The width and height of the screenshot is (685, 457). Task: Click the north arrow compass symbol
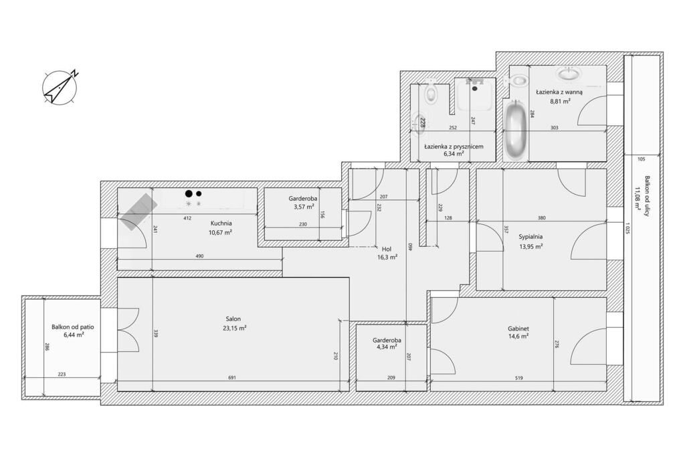(60, 86)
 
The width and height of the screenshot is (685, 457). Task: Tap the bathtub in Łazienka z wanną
(516, 130)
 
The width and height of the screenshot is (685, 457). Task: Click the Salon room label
(233, 319)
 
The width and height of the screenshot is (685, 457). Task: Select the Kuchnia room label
(221, 223)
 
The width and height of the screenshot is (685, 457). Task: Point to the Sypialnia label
(530, 237)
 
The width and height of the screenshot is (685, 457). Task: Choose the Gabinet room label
(518, 328)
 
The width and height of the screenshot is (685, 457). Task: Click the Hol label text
(387, 249)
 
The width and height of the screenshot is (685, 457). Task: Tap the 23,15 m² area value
(235, 328)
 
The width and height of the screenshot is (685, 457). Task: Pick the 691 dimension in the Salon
(232, 377)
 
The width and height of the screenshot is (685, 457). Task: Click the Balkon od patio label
(72, 327)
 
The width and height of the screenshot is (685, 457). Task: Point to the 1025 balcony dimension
(627, 228)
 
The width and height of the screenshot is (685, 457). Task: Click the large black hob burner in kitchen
(189, 193)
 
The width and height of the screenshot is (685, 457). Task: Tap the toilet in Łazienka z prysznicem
(431, 92)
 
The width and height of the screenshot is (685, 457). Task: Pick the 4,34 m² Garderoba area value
(387, 347)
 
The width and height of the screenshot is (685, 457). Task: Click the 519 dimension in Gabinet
(518, 378)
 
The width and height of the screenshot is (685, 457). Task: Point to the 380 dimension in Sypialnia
(542, 218)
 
